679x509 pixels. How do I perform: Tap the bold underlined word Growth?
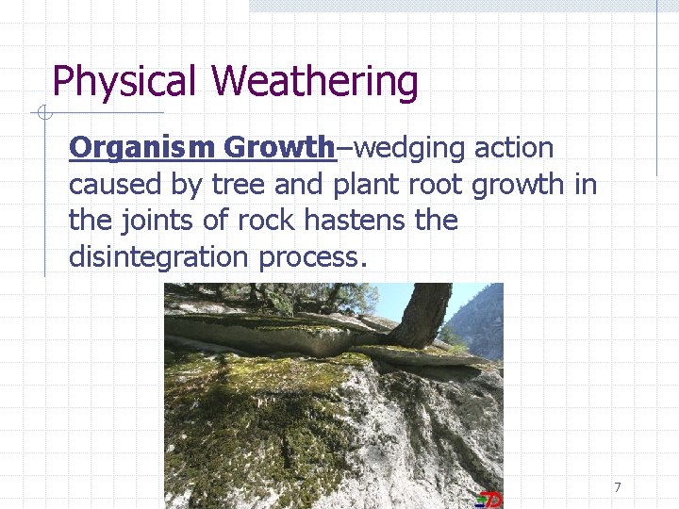pos(279,148)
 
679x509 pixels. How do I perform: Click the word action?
pos(514,148)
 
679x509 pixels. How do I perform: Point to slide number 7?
pos(617,487)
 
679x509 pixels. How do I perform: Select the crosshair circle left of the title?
pos(41,114)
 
